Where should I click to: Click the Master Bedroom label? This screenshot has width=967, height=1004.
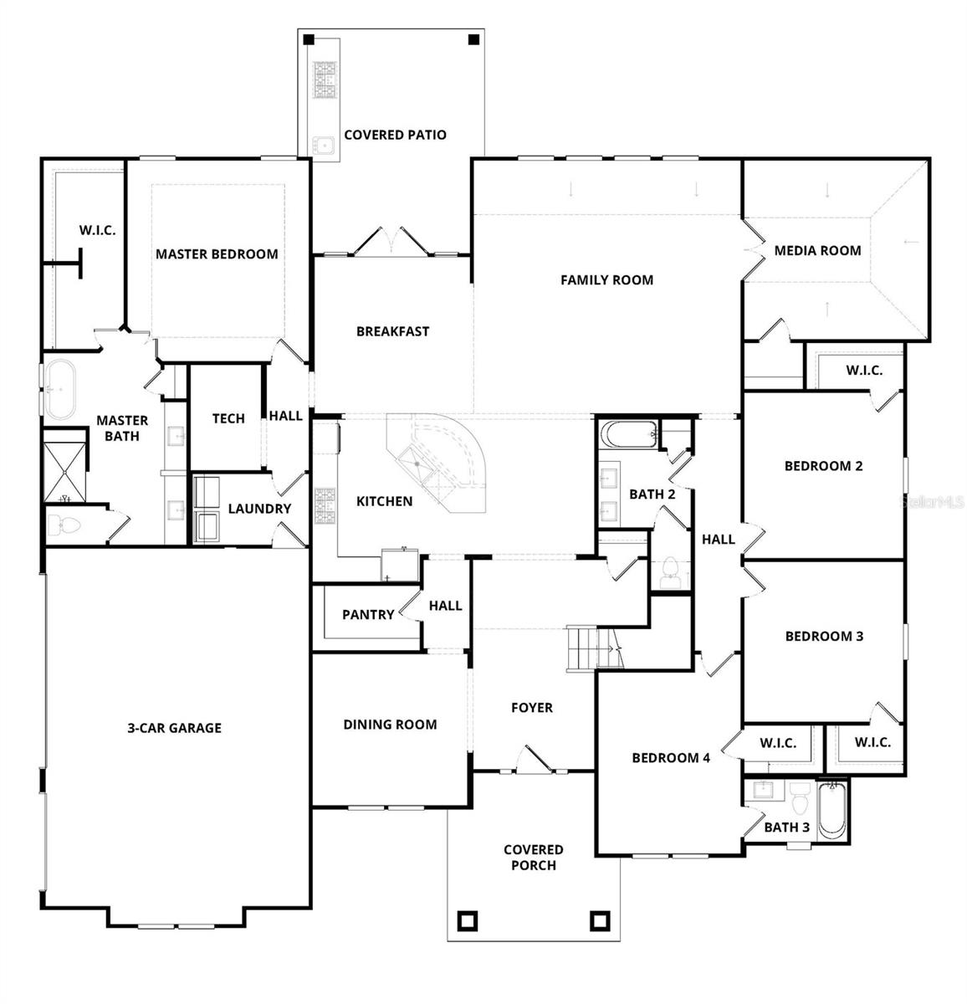point(217,254)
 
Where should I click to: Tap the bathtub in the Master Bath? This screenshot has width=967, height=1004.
point(60,390)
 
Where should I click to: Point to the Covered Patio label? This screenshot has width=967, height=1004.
point(395,135)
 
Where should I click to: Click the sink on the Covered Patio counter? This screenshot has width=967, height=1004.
point(323,146)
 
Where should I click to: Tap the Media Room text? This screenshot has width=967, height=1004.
point(817,250)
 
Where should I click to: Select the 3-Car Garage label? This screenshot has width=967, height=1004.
point(174,728)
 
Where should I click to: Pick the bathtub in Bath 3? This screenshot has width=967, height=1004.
point(831,809)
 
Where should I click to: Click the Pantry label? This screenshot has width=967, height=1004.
point(368,615)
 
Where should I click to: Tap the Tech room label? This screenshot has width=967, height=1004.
point(228,418)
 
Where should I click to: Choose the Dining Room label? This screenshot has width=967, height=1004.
point(390,725)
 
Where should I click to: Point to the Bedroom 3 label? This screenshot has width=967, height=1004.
point(824,637)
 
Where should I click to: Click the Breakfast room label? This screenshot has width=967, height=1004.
point(392,331)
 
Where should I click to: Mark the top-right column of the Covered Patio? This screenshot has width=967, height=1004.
point(473,39)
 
